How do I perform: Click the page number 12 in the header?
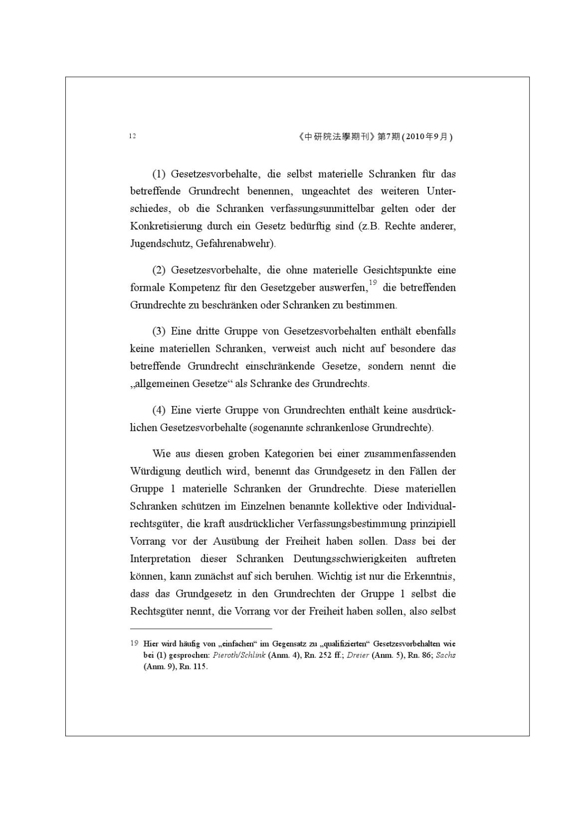point(132,136)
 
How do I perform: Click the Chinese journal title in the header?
point(334,137)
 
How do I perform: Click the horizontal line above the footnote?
point(201,629)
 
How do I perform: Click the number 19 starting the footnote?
point(134,643)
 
